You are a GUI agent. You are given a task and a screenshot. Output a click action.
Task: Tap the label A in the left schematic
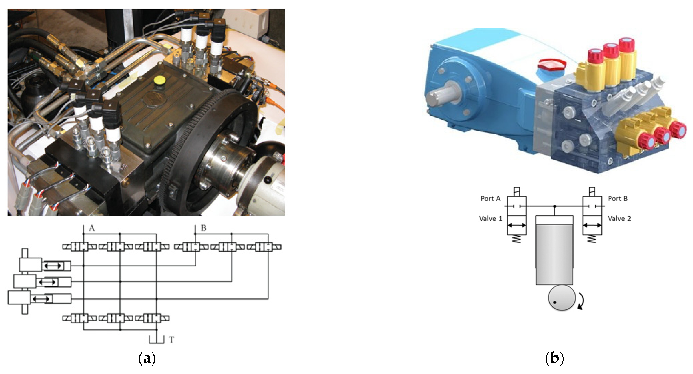click(92, 229)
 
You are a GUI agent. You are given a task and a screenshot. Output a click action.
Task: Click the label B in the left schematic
click(203, 229)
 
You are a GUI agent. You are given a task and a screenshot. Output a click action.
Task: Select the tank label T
click(172, 340)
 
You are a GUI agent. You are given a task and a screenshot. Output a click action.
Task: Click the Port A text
click(490, 199)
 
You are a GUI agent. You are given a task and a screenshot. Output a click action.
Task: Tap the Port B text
click(618, 199)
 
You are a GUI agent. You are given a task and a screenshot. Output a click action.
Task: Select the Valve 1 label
click(490, 218)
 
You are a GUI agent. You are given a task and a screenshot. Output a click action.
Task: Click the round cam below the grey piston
click(561, 298)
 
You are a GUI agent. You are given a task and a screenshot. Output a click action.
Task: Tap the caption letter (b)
click(554, 359)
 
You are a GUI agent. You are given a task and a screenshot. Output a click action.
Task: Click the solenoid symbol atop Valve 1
click(517, 192)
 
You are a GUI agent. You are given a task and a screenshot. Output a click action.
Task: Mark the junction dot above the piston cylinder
click(554, 206)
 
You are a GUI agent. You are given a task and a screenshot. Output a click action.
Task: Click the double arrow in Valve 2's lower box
click(592, 225)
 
